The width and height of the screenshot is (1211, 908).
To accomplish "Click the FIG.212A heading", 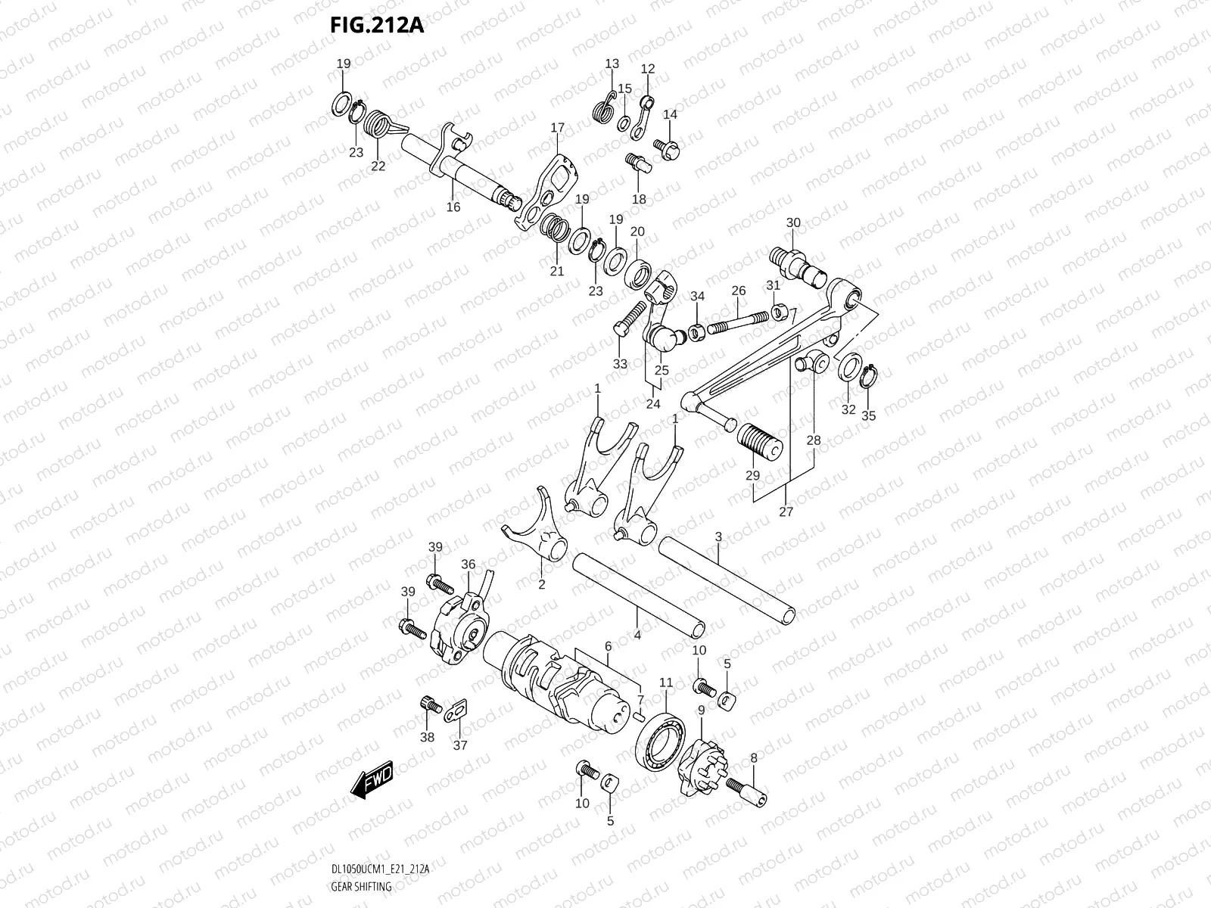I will pos(376,26).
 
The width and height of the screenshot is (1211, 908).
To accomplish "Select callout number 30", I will pos(792,222).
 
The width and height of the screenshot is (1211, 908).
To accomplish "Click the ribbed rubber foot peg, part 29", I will pos(758,440).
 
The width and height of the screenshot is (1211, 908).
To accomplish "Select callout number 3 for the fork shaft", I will pos(718,536).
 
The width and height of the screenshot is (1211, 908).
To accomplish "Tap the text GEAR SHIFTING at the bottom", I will pos(362,887).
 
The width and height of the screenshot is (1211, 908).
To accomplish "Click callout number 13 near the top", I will pos(612,64).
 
